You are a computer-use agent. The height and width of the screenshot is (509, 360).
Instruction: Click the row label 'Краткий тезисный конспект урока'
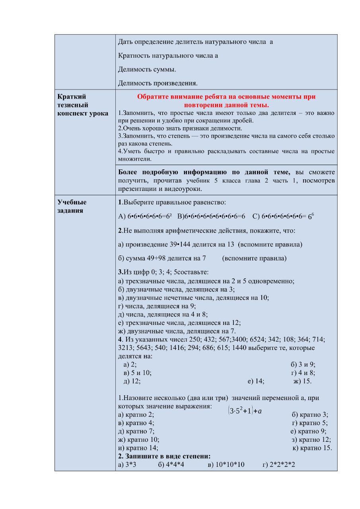tap(83, 105)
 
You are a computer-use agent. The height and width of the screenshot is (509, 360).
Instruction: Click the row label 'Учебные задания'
tap(72, 206)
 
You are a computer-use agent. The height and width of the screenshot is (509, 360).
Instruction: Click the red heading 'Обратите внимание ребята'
tap(226, 101)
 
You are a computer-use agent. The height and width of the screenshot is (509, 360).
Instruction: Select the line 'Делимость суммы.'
tap(147, 70)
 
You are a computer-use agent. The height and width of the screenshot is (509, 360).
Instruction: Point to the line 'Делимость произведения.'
tap(158, 83)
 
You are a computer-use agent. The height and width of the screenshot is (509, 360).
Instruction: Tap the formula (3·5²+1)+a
tap(245, 411)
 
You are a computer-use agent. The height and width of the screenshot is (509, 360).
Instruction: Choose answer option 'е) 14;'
tap(256, 381)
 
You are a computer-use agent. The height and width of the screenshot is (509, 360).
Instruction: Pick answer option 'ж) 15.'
tap(302, 381)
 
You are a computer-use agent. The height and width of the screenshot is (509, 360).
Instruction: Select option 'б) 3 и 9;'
tap(303, 364)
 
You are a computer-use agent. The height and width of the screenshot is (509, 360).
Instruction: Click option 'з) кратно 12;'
tap(311, 439)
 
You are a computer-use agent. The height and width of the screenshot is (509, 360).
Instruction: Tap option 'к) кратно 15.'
tap(312, 448)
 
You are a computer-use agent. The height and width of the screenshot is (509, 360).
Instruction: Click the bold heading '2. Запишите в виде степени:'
tap(164, 456)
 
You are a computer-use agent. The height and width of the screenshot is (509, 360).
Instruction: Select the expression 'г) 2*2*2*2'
tap(278, 464)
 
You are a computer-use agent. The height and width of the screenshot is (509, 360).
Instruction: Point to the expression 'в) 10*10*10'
tap(226, 464)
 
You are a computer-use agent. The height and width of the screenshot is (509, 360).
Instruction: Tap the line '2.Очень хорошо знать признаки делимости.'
tap(180, 128)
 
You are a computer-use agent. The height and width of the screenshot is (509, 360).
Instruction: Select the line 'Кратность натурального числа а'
tap(168, 56)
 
